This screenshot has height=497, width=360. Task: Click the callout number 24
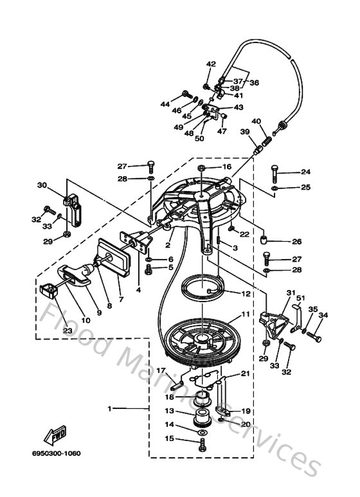pyautogui.click(x=305, y=172)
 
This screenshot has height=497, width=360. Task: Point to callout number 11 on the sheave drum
pyautogui.click(x=245, y=315)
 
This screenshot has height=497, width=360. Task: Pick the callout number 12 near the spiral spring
pyautogui.click(x=245, y=293)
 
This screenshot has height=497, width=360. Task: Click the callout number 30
pyautogui.click(x=42, y=186)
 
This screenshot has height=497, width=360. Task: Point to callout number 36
pyautogui.click(x=255, y=83)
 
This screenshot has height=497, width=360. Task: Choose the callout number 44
pyautogui.click(x=165, y=104)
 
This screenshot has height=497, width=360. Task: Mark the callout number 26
pyautogui.click(x=297, y=242)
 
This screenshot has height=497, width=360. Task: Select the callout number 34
pyautogui.click(x=323, y=315)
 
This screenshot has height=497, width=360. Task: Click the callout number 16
pyautogui.click(x=226, y=167)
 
